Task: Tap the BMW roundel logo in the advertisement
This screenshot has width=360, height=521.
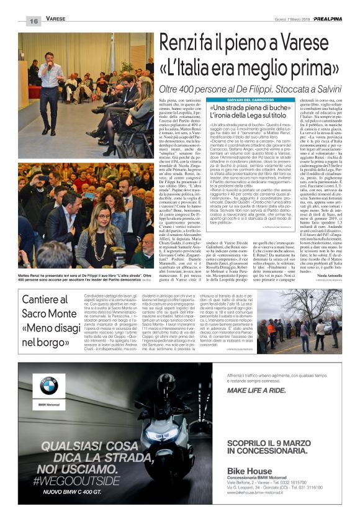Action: click(48, 386)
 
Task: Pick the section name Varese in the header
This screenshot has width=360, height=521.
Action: click(56, 20)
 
